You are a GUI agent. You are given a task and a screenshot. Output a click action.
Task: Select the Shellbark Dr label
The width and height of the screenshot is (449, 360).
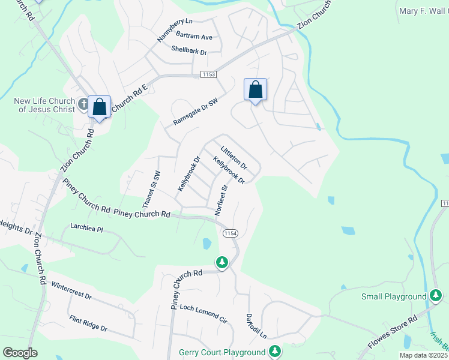(188, 50)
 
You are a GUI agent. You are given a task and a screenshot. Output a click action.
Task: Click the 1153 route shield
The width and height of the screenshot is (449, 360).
(208, 74)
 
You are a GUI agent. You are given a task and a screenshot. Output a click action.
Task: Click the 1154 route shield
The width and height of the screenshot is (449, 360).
(230, 233)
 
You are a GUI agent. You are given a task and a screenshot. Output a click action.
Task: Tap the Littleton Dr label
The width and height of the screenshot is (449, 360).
(234, 157)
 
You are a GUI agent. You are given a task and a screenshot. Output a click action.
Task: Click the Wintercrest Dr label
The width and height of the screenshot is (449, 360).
(71, 292)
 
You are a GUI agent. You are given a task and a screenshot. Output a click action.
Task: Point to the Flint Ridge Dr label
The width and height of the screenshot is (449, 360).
(88, 324)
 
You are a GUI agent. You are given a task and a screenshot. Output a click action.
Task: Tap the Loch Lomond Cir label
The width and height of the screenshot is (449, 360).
(203, 314)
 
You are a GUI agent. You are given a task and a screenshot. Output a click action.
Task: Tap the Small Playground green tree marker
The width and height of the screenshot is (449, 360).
(437, 295)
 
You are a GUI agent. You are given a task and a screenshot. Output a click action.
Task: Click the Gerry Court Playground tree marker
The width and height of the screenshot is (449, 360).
(275, 351)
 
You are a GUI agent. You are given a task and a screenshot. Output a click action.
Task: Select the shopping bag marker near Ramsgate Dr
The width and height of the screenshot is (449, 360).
(255, 89)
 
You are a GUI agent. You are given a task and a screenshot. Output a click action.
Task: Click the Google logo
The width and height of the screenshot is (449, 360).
(20, 352)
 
